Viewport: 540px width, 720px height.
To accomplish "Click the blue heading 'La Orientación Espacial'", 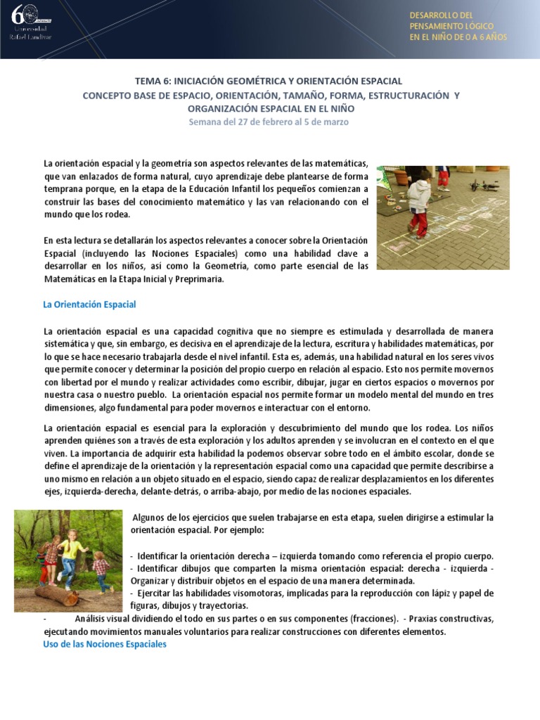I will click(x=89, y=304).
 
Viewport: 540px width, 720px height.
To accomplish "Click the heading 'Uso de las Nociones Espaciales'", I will click(x=105, y=644).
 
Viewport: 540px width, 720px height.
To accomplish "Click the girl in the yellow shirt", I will click(x=70, y=555).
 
